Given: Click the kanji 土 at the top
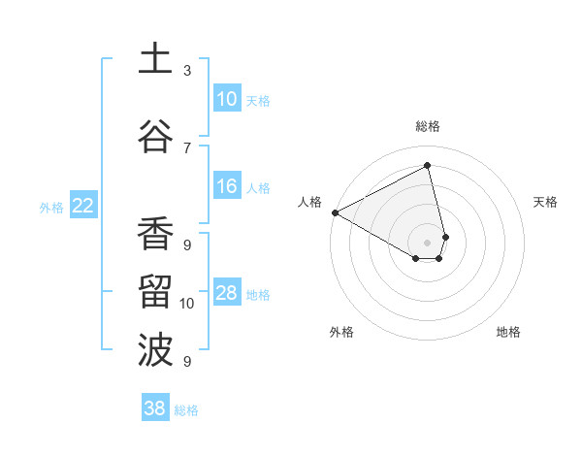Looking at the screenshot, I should point(155,59).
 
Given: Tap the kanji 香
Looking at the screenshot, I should point(155,233).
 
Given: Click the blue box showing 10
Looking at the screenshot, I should point(226,99).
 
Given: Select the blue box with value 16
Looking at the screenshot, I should point(226,186).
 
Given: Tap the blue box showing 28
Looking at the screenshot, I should point(226,293).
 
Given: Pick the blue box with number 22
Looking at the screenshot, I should point(82,206).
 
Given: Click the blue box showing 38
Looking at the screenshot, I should point(154,409).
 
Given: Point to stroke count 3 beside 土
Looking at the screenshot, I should point(187,71).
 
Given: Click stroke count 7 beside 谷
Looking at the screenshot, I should point(187,147).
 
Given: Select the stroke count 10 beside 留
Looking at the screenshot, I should point(187,304).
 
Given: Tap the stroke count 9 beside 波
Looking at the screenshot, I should point(187,362).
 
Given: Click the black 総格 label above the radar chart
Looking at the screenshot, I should point(428,126).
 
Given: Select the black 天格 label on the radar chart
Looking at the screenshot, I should point(546,202).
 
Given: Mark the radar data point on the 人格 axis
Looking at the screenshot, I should point(335,212).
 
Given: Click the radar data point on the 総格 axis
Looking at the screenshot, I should point(428,165).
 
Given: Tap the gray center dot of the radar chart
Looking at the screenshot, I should point(428,241).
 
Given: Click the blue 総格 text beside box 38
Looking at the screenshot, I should point(186,410).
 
